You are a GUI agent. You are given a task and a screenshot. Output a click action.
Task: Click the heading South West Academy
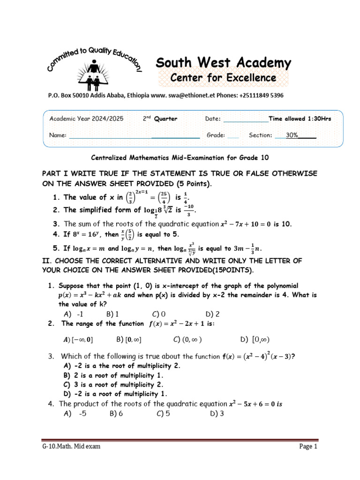pos(223,63)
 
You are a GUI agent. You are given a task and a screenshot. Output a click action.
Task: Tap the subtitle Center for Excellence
pos(223,77)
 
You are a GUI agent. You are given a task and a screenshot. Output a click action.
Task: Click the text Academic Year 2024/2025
pos(87,119)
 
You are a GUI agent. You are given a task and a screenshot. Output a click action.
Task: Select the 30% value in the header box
pos(292,135)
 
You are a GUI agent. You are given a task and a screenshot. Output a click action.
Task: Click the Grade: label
pos(216,135)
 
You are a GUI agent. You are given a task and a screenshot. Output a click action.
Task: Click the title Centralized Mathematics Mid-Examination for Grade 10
pos(180,157)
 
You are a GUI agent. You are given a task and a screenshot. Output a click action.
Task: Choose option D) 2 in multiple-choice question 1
pos(212,314)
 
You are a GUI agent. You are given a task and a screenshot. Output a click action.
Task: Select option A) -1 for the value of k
pos(73,314)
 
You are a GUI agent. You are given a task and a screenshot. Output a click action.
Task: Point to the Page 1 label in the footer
pos(308,447)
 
